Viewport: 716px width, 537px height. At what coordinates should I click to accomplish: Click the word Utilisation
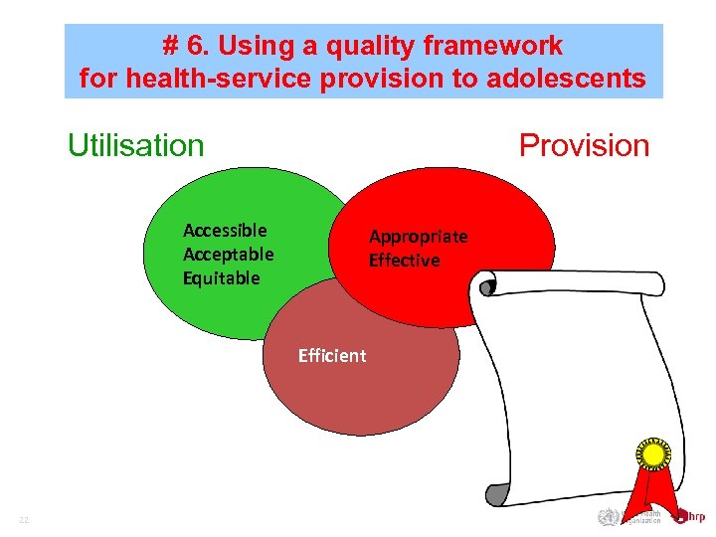click(x=135, y=146)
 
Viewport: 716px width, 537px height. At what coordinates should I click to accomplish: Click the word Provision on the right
click(x=584, y=146)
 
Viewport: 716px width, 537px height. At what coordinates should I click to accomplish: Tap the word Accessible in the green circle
click(x=225, y=231)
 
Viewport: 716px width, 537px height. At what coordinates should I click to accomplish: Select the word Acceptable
click(x=228, y=255)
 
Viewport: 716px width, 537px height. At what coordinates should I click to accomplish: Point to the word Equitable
click(x=221, y=278)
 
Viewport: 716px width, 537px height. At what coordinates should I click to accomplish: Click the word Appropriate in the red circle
click(x=418, y=237)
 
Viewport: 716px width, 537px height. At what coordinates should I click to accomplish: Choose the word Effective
click(x=404, y=261)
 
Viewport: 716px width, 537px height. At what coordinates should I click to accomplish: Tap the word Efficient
click(x=332, y=356)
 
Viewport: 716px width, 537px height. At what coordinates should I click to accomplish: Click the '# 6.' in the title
click(x=187, y=46)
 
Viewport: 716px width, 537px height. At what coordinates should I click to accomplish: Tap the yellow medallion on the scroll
click(x=652, y=454)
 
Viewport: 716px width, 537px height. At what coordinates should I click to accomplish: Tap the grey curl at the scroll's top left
click(x=486, y=287)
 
